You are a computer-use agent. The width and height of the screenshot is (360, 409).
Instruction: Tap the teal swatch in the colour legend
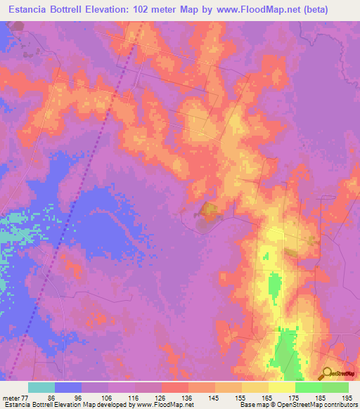pos(41,387)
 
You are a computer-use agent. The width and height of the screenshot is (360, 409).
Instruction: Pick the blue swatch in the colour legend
pos(68,387)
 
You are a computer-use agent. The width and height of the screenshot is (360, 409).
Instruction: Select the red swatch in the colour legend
pos(175,387)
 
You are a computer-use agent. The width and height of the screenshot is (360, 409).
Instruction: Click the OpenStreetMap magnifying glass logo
pos(326,373)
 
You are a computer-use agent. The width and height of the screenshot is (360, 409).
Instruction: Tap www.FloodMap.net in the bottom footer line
pos(165,404)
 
